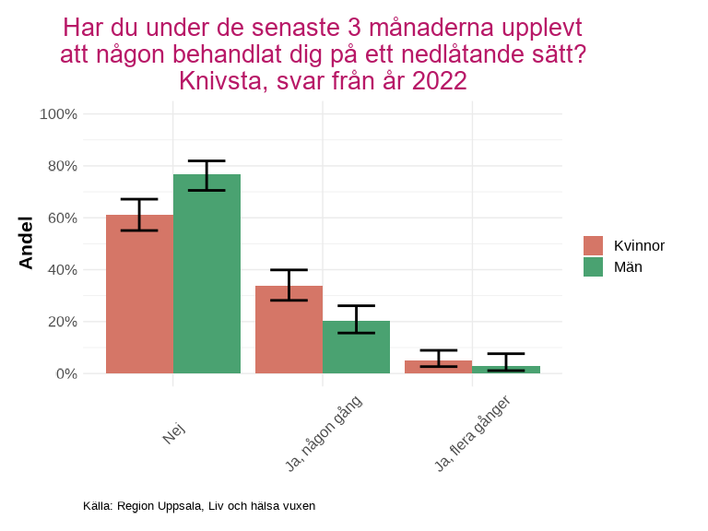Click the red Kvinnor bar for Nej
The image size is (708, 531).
pos(139,295)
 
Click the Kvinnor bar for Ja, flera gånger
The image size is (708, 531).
pos(438,367)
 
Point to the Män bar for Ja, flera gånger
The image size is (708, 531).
pos(506,370)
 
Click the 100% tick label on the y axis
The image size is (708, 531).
pos(58,114)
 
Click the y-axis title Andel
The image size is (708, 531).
pos(27,242)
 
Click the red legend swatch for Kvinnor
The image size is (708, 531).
pos(593,245)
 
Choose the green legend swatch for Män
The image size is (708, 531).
pos(593,266)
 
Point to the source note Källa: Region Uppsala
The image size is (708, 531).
pos(199,506)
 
